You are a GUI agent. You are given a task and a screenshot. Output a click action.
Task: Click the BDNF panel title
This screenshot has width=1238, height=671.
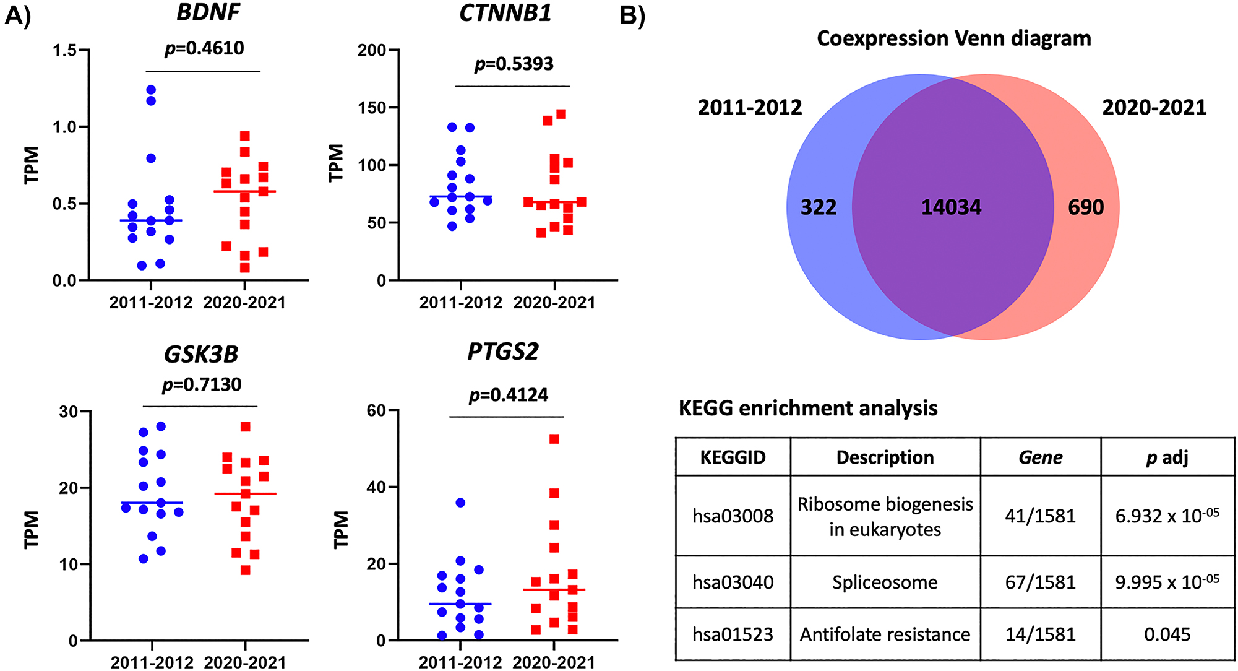click(208, 13)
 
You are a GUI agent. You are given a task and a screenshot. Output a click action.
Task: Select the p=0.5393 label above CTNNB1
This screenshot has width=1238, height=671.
click(514, 64)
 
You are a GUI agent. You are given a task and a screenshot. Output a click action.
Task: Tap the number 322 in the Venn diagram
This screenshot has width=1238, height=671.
click(819, 207)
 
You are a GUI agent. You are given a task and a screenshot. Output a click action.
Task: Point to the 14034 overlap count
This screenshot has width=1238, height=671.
click(951, 207)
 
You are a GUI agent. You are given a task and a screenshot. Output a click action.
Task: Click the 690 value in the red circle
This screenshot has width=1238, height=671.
click(1086, 207)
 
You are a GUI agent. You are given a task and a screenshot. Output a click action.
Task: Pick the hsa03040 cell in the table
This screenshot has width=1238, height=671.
click(733, 582)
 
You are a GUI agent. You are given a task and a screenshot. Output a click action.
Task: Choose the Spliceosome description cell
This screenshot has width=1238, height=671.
click(885, 582)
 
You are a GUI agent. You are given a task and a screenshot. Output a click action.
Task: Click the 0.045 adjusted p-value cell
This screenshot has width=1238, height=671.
click(1167, 634)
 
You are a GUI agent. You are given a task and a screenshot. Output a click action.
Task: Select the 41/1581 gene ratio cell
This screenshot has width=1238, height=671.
click(1040, 516)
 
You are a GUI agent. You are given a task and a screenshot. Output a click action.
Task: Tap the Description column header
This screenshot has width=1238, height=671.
click(885, 457)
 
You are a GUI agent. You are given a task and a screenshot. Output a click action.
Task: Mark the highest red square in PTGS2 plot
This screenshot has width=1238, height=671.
click(554, 439)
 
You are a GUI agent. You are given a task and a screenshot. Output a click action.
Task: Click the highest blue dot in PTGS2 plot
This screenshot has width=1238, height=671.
click(460, 503)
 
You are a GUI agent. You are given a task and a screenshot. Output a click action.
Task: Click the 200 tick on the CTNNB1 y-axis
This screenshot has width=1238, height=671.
click(371, 50)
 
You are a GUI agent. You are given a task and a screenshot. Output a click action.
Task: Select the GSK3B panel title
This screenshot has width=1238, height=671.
click(201, 355)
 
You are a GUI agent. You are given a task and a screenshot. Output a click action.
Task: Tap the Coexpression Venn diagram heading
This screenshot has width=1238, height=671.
click(953, 39)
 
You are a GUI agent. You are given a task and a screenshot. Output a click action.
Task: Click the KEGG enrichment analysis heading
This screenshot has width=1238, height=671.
click(808, 409)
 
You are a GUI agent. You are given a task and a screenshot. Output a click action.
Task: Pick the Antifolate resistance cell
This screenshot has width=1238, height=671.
click(885, 634)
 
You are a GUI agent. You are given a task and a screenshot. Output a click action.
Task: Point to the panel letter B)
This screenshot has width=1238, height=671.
click(632, 15)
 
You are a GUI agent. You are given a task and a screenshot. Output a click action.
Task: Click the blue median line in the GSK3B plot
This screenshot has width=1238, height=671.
click(152, 503)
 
